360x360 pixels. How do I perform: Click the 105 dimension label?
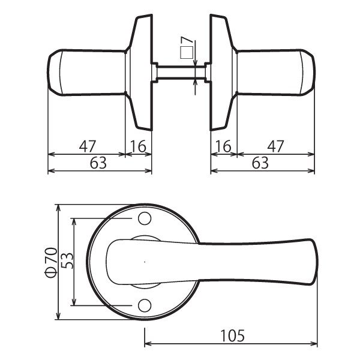(x=232, y=335)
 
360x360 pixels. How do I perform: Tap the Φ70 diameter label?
(x=51, y=262)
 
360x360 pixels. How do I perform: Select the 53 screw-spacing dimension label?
(x=67, y=261)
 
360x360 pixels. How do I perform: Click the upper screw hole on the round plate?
(x=145, y=218)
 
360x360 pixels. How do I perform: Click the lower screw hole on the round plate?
(x=145, y=305)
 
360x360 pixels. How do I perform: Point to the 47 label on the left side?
(x=87, y=146)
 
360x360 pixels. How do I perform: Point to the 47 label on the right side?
(x=275, y=146)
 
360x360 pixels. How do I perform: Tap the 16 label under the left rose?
(x=138, y=146)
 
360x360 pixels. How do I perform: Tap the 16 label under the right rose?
(x=223, y=146)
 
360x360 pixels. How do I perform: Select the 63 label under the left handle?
(x=98, y=163)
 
